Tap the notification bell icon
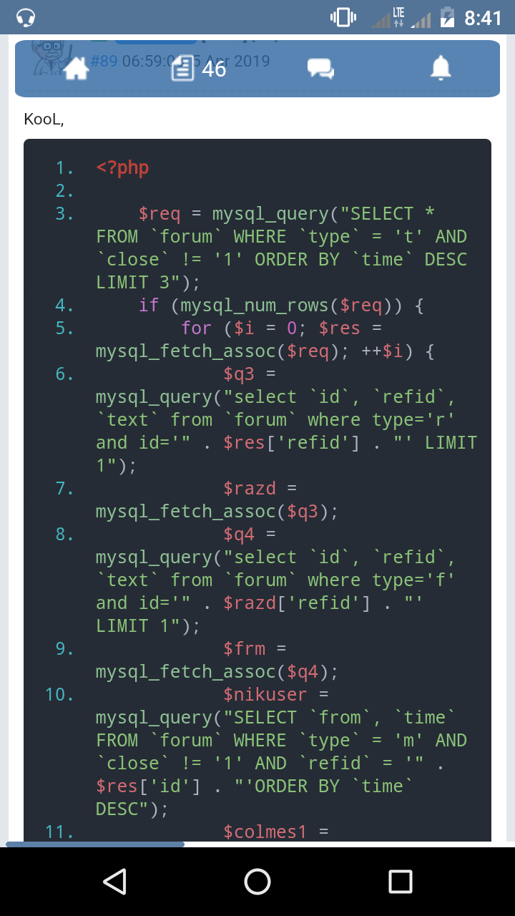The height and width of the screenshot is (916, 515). (x=441, y=68)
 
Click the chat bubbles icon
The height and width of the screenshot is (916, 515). (x=320, y=69)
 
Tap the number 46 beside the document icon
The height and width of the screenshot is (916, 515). (x=214, y=69)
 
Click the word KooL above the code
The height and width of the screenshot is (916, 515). (x=44, y=120)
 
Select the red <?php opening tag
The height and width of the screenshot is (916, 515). (x=122, y=168)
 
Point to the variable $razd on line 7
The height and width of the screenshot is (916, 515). (x=250, y=489)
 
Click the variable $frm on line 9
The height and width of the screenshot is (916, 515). (x=244, y=649)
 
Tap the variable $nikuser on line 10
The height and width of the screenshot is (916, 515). (x=265, y=695)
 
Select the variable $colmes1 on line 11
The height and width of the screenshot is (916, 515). (x=265, y=832)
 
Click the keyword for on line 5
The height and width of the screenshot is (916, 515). (x=196, y=328)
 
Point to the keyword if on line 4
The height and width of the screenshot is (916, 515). (x=149, y=306)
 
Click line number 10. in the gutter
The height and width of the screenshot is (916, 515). (x=59, y=695)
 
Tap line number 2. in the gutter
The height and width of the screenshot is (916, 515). (x=65, y=191)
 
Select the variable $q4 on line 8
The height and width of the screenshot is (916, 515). (x=239, y=535)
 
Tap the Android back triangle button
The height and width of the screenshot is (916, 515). (x=114, y=881)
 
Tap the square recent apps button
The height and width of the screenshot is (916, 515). (x=401, y=881)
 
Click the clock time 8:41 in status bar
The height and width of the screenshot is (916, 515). (x=483, y=18)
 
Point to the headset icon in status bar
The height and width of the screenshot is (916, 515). (x=26, y=17)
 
